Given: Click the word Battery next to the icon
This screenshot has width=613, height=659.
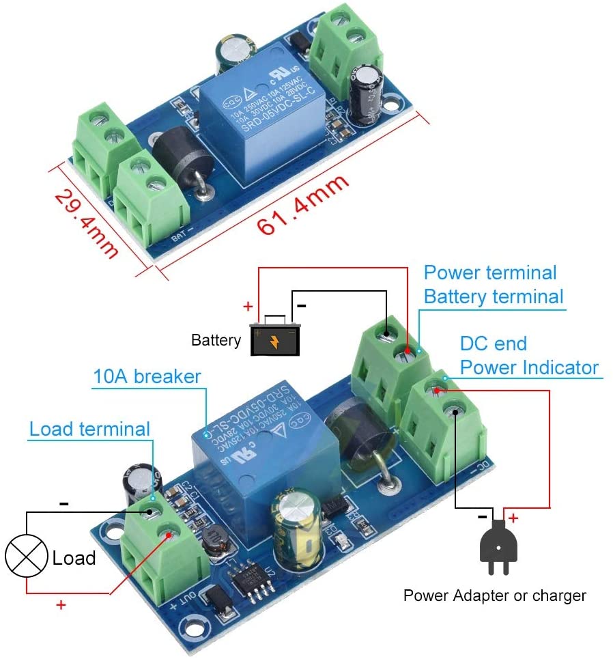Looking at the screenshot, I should tap(216, 340).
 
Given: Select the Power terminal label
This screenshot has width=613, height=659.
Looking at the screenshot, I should tap(490, 272).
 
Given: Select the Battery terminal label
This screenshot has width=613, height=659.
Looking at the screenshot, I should tap(494, 296).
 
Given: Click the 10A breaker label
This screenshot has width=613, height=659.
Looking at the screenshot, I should tap(147, 376).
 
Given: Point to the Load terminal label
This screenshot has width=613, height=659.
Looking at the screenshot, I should tap(89, 429).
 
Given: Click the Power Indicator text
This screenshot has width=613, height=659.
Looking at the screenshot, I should tap(529, 367).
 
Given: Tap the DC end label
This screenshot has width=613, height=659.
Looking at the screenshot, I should tap(494, 343).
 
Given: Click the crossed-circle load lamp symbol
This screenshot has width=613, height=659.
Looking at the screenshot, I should tap(26, 556).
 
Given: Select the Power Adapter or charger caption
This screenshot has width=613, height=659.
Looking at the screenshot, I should tap(494, 595).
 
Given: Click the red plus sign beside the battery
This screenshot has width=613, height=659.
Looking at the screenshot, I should tap(247, 306).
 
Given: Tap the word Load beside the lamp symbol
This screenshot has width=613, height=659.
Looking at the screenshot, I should tap(74, 558).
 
